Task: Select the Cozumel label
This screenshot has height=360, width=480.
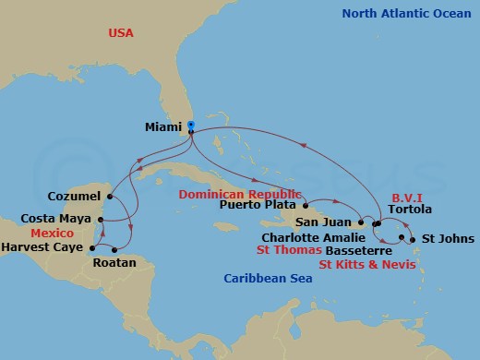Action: (x=72, y=196)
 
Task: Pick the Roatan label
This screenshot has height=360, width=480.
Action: (x=115, y=262)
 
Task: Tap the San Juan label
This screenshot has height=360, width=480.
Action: (x=324, y=222)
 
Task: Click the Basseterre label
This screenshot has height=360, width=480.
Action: (x=352, y=249)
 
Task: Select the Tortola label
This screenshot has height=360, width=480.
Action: (x=410, y=210)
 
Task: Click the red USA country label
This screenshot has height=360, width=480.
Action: (x=122, y=32)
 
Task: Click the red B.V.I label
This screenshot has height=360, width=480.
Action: (x=406, y=197)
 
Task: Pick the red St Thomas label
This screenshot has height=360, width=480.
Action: (x=291, y=249)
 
